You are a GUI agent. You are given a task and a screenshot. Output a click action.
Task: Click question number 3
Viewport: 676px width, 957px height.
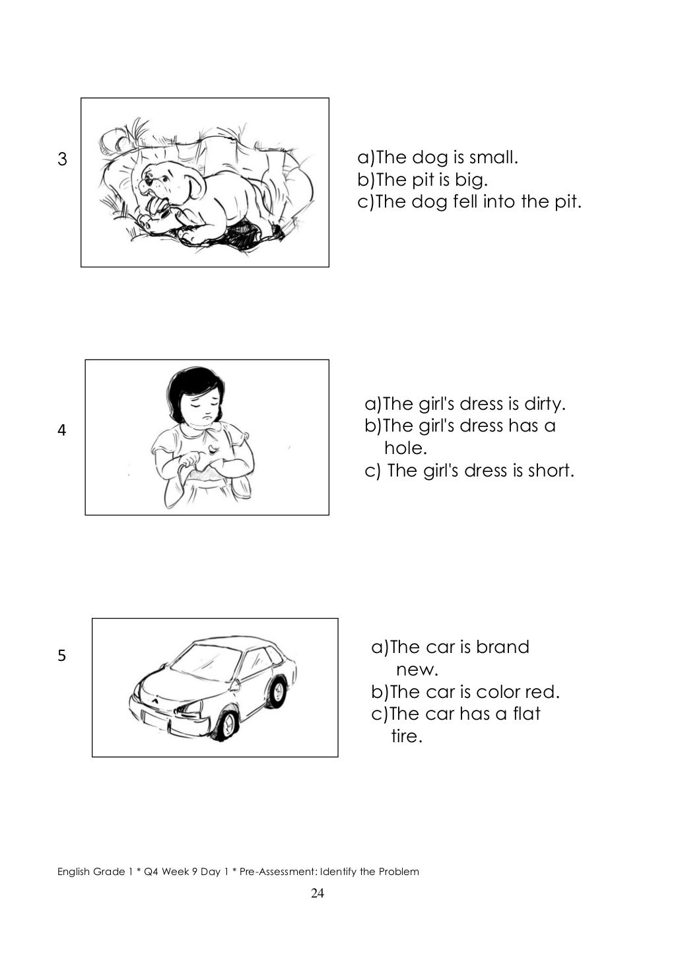tap(63, 159)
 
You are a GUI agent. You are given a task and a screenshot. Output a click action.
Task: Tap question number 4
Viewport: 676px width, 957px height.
tap(62, 431)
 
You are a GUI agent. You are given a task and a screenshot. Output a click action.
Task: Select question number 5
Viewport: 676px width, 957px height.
tap(62, 656)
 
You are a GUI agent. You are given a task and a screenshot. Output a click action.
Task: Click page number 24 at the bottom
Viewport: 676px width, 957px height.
tap(318, 894)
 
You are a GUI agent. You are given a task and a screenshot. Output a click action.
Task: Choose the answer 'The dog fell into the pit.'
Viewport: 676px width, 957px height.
tap(469, 201)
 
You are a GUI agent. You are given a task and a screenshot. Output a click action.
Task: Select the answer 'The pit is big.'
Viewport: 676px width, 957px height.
tap(422, 179)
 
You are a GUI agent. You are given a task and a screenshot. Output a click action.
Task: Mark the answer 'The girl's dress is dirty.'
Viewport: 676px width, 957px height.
tap(466, 403)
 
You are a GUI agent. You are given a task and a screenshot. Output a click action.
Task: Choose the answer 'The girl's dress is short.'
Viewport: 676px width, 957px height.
tap(470, 471)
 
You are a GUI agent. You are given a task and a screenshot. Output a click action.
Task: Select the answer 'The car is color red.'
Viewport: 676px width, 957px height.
tap(465, 692)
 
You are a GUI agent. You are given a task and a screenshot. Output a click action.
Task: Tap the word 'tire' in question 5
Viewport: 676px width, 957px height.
tap(406, 736)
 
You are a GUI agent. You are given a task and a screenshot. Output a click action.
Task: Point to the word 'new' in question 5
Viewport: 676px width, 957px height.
tap(417, 670)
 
